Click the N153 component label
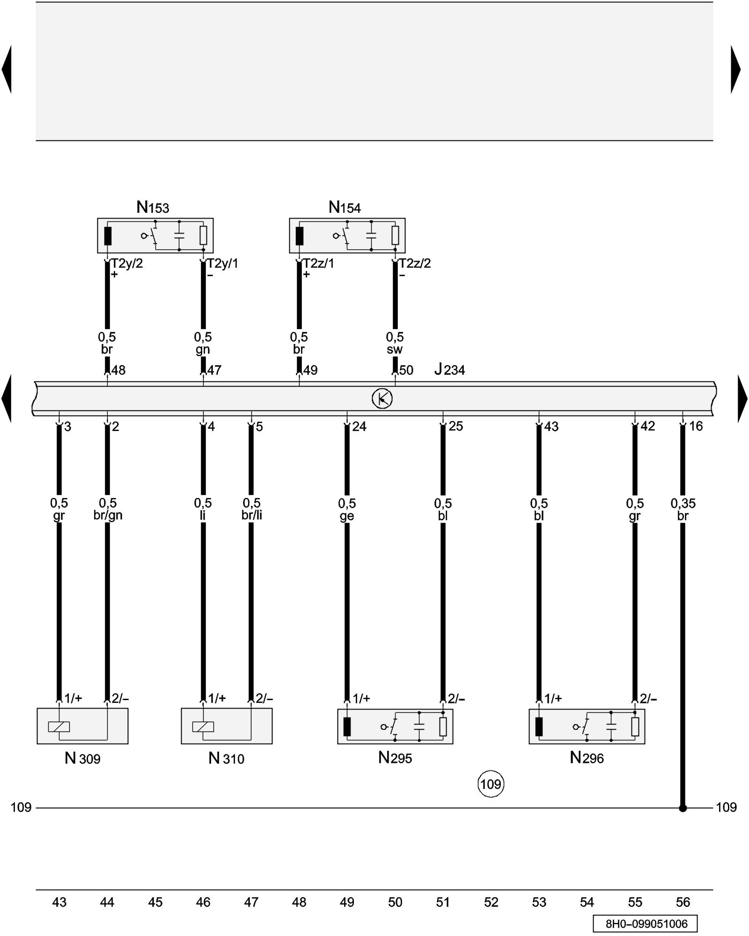pos(153,207)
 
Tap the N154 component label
pos(345,207)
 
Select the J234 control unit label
pos(449,370)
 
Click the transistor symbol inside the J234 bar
pos(382,399)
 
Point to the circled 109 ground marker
pos(491,784)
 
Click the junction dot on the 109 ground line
pos(683,808)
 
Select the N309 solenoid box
pos(82,726)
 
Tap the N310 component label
pos(226,758)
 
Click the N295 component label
pos(395,758)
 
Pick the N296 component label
pos(587,758)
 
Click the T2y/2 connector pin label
pos(127,263)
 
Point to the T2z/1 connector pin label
pos(319,263)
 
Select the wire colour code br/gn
pos(108,515)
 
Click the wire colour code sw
pos(395,350)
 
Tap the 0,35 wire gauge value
pos(683,504)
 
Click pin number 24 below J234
pos(359,426)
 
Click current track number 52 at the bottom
pos(491,902)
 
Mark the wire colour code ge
pos(347,516)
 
